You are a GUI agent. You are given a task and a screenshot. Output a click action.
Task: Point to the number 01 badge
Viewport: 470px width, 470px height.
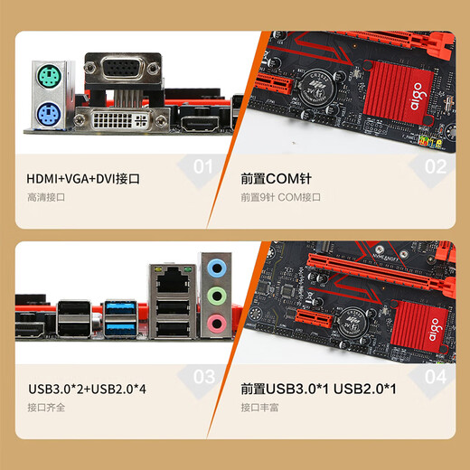pyautogui.click(x=204, y=166)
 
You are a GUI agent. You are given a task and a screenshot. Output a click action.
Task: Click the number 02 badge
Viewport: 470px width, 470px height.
pyautogui.click(x=435, y=166)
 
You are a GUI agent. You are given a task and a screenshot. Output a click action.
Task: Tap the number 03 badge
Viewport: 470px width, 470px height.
pyautogui.click(x=204, y=377)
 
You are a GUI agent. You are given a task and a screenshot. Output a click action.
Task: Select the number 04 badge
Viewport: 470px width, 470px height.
pyautogui.click(x=435, y=377)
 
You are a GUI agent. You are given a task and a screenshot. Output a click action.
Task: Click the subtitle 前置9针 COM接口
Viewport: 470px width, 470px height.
pyautogui.click(x=281, y=197)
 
